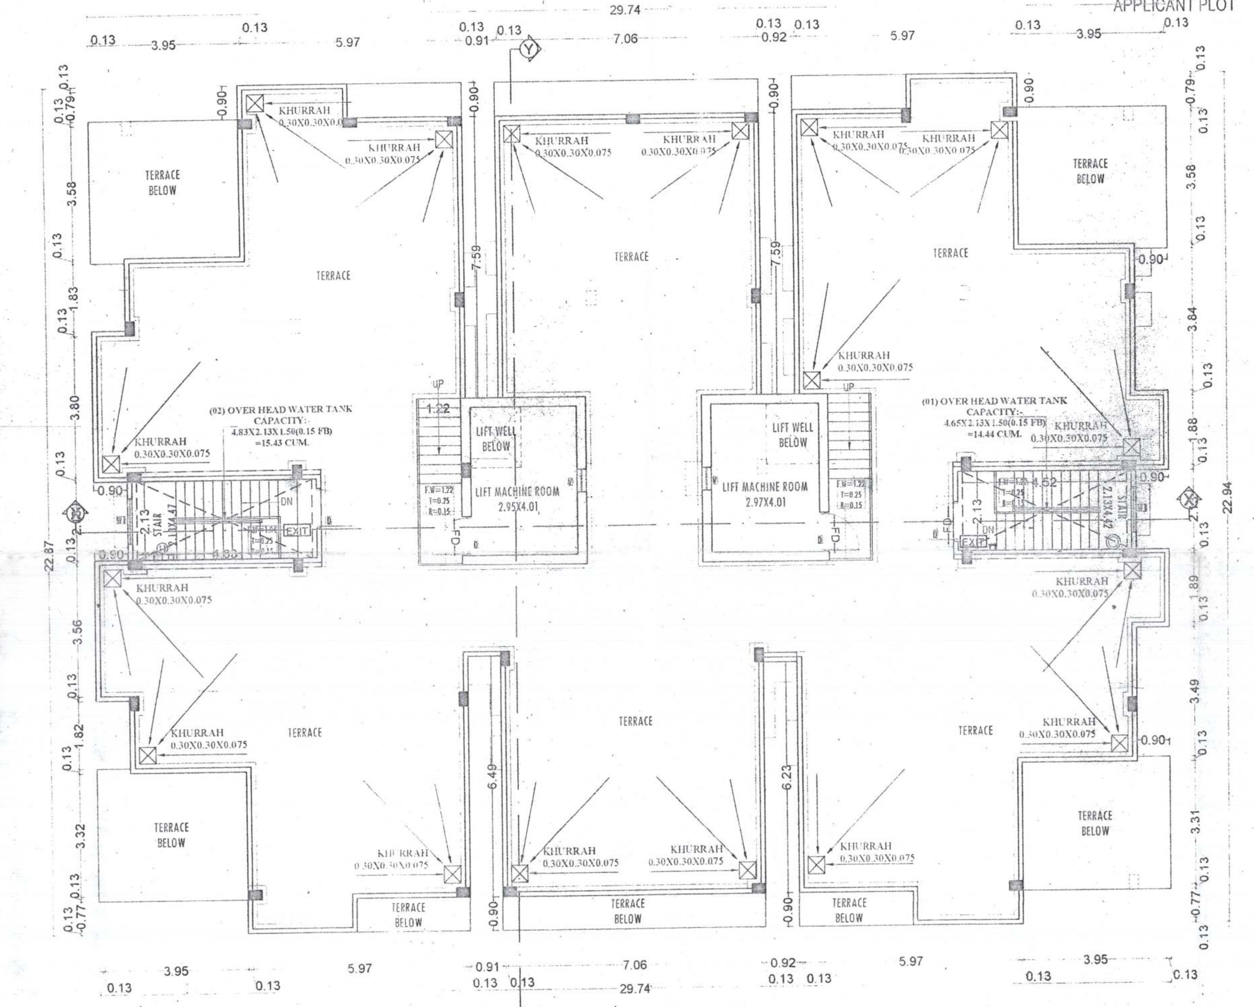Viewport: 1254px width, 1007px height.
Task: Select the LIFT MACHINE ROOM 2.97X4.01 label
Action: pos(765,494)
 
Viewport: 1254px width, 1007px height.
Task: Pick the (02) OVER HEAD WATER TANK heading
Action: pos(280,409)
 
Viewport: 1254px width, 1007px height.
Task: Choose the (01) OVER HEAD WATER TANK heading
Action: pos(995,401)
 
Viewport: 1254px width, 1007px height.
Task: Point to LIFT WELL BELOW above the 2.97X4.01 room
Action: pos(792,435)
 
